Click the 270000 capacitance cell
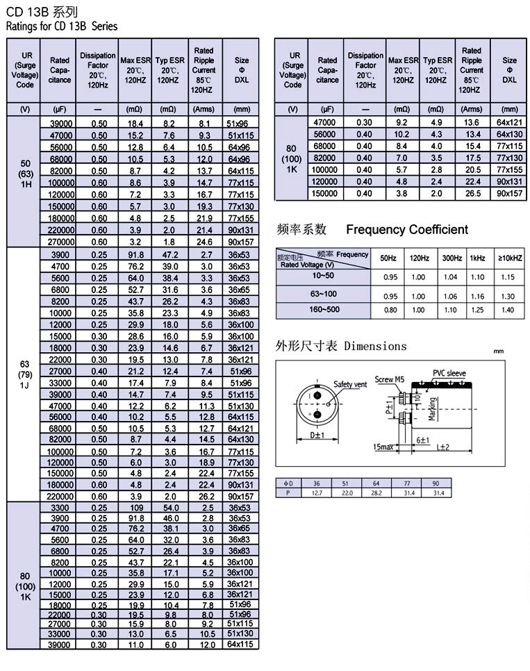pos(60,242)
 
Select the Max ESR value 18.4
pos(135,122)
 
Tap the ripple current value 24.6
pos(205,242)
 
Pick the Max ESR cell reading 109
pos(135,508)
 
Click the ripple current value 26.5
pos(473,194)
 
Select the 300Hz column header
pos(452,258)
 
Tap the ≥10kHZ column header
pos(509,258)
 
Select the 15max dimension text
pos(383,447)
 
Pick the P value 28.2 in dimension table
pos(376,492)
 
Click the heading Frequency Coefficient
pos(407,230)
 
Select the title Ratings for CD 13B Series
pos(62,26)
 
